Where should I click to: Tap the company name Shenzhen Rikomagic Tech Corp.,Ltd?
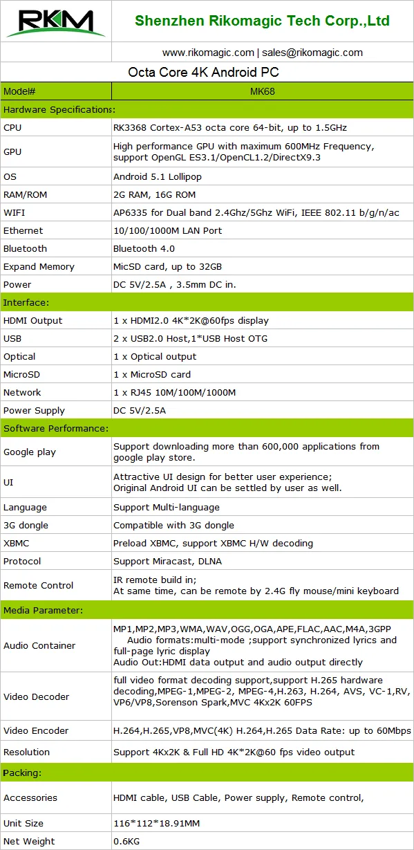point(262,21)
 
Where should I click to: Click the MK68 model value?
point(262,91)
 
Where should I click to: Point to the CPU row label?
point(12,127)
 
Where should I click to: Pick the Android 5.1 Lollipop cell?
point(158,176)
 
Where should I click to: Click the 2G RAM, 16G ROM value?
point(154,194)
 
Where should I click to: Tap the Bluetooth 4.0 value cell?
point(144,248)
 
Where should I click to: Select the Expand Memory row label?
point(39,266)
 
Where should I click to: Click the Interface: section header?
point(27,302)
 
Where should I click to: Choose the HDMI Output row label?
point(32,320)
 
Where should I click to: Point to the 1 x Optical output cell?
point(155,356)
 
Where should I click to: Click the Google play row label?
point(30,452)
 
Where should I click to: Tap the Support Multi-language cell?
point(167,507)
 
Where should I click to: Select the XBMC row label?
point(17,543)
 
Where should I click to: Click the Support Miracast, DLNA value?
point(167,561)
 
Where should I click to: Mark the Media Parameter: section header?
point(43,610)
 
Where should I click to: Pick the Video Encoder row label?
point(36,730)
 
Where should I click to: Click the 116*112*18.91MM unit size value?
point(157,823)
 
